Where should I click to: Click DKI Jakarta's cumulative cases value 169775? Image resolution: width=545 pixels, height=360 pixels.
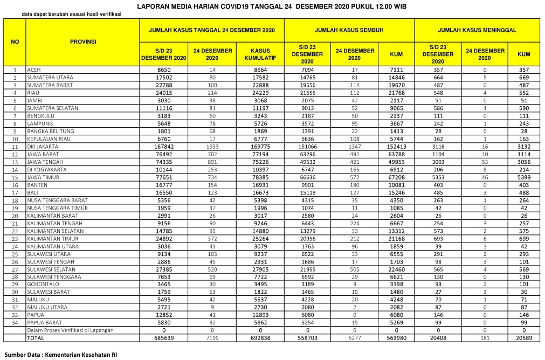pos(261,147)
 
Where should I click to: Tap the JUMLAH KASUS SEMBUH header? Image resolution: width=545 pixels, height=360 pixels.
pos(349,30)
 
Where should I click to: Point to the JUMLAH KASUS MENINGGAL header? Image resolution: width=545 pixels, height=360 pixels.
pos(477,30)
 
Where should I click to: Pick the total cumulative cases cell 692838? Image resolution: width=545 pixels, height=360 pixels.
pos(261,338)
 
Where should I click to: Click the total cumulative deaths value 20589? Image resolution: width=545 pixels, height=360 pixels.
pos(523,338)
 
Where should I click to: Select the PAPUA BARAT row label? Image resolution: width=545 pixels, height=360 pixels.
pos(43,323)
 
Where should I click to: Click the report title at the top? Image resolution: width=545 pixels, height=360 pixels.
pos(272,7)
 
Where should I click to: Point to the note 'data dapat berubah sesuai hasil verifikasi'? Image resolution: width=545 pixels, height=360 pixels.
pos(75,14)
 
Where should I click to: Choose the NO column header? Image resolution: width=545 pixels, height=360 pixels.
pos(15,41)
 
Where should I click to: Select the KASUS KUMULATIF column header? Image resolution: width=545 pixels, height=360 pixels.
pos(261,54)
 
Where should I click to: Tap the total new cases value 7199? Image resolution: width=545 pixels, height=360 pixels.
pos(212,338)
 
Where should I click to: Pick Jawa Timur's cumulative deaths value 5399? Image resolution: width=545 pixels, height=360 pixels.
pos(523,177)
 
